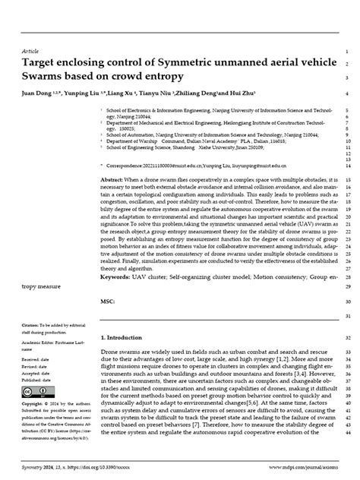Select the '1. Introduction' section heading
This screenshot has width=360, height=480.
coord(124,336)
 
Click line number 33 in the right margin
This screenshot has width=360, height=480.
coord(346,354)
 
